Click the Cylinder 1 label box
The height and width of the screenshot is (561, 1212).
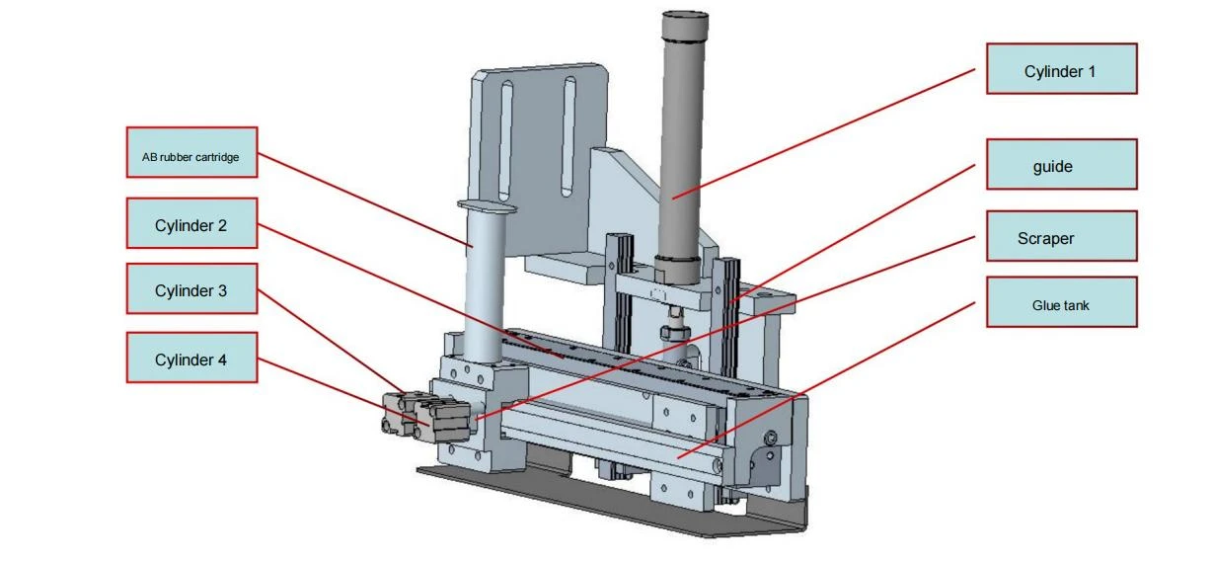(x=1062, y=69)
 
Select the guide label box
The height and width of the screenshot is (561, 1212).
(x=1062, y=164)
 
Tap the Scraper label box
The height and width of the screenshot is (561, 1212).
(x=1062, y=236)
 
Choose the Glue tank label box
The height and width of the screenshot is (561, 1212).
(x=1062, y=302)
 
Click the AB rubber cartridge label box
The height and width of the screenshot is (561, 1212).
(x=192, y=152)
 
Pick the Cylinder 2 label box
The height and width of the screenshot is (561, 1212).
(x=192, y=223)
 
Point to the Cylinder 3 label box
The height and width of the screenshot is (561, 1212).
(x=192, y=288)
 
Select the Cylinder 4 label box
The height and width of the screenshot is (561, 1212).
(x=192, y=358)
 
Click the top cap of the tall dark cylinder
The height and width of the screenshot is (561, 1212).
(x=685, y=25)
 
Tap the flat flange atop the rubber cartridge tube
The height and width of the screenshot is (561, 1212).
(x=487, y=206)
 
